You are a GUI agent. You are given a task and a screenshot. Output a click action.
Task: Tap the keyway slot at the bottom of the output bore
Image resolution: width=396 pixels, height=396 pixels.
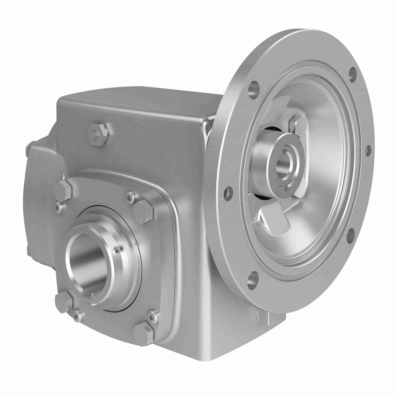pyautogui.click(x=91, y=296)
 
